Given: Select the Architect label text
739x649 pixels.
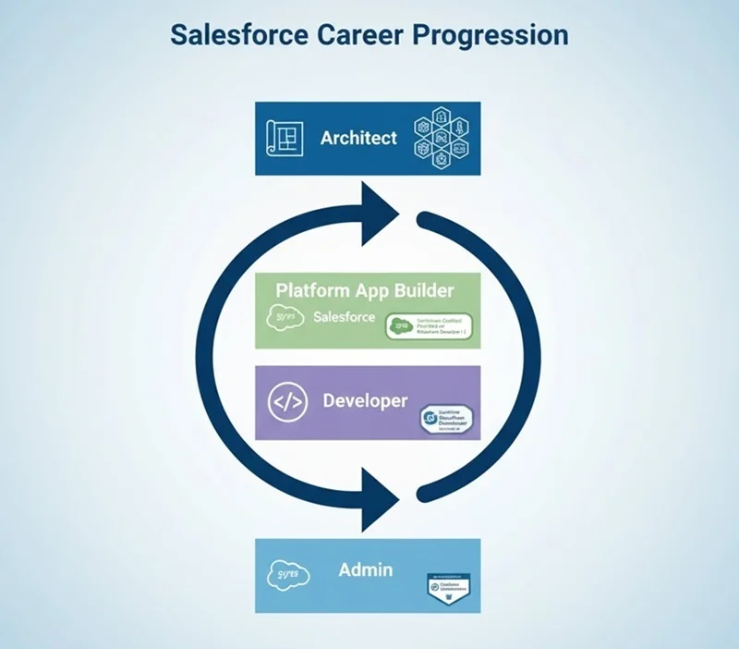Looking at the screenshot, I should pos(358,138).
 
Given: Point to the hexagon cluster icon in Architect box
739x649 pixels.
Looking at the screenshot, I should pos(442,138).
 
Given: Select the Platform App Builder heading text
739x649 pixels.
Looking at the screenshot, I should pos(365,290).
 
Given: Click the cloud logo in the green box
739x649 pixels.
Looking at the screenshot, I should pos(285,318).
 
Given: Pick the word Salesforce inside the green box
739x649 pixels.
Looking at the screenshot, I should pos(344,317).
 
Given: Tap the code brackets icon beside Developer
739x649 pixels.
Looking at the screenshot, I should pos(286,403).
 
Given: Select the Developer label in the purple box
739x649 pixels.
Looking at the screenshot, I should pos(365,401).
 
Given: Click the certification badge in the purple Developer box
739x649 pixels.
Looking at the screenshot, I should pos(447,421).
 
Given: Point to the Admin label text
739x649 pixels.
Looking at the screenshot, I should pos(366,569).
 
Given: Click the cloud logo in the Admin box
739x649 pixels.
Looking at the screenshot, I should pos(287,575).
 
